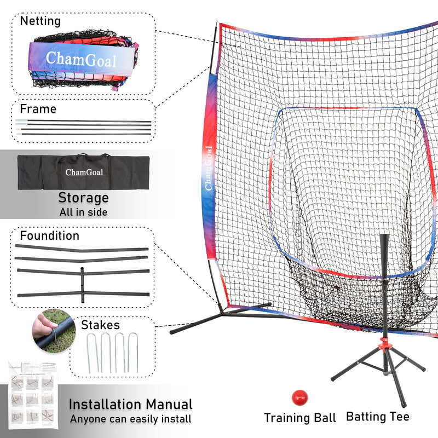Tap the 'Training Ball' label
[299, 418]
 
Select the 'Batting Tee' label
[377, 417]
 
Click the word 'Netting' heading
[41, 21]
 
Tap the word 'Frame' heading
[38, 109]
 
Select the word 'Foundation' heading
[50, 236]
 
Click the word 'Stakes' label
[101, 325]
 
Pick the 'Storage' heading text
[83, 198]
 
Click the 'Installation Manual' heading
[130, 405]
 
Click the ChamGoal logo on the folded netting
[81, 59]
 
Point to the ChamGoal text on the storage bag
[84, 172]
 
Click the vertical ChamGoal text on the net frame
[209, 169]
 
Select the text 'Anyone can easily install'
[130, 419]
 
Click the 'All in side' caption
[83, 212]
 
